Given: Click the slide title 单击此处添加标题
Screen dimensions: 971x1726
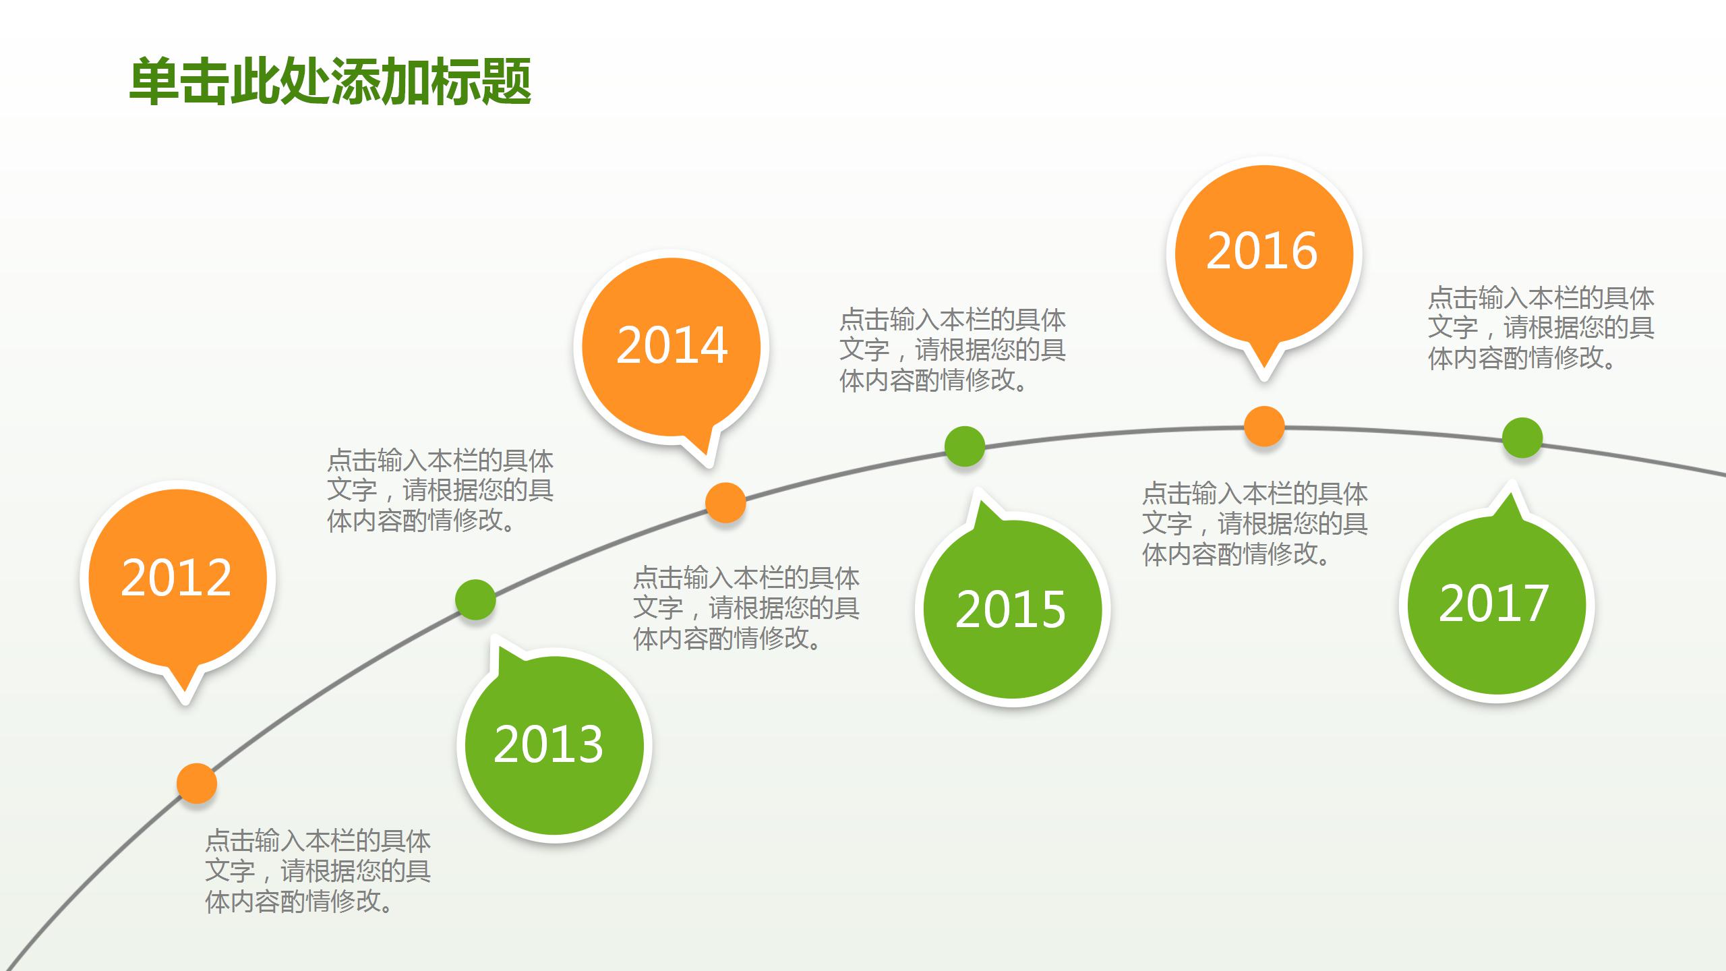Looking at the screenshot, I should [x=330, y=82].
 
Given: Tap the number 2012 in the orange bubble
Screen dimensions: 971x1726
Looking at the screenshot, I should [x=177, y=578].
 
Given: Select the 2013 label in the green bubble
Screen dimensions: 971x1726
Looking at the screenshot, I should [x=549, y=744].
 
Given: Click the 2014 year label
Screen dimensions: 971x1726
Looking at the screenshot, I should [x=672, y=346].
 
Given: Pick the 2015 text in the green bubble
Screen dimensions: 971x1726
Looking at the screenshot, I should [x=1011, y=610].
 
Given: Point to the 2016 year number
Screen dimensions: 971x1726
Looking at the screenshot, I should [x=1262, y=252].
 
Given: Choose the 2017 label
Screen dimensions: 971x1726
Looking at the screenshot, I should [x=1494, y=604].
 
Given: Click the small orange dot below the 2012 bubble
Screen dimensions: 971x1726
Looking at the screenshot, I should [x=197, y=784].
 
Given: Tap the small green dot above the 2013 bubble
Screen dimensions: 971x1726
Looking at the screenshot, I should [x=475, y=599].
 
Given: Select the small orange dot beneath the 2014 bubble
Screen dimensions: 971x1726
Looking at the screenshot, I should [x=725, y=503].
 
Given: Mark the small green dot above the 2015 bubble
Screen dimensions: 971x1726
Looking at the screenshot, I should [x=965, y=446].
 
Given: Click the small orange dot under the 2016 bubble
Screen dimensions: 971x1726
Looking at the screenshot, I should [x=1264, y=426].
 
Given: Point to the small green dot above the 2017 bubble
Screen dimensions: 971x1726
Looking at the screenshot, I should [x=1522, y=438].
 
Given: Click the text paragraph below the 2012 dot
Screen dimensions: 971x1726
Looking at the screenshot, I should [x=318, y=871].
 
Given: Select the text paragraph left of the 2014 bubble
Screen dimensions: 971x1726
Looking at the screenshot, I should [x=440, y=490].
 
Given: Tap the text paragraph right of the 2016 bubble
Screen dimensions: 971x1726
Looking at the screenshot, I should [x=1541, y=328].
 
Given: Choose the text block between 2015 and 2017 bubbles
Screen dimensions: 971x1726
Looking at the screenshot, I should [x=1255, y=523].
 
